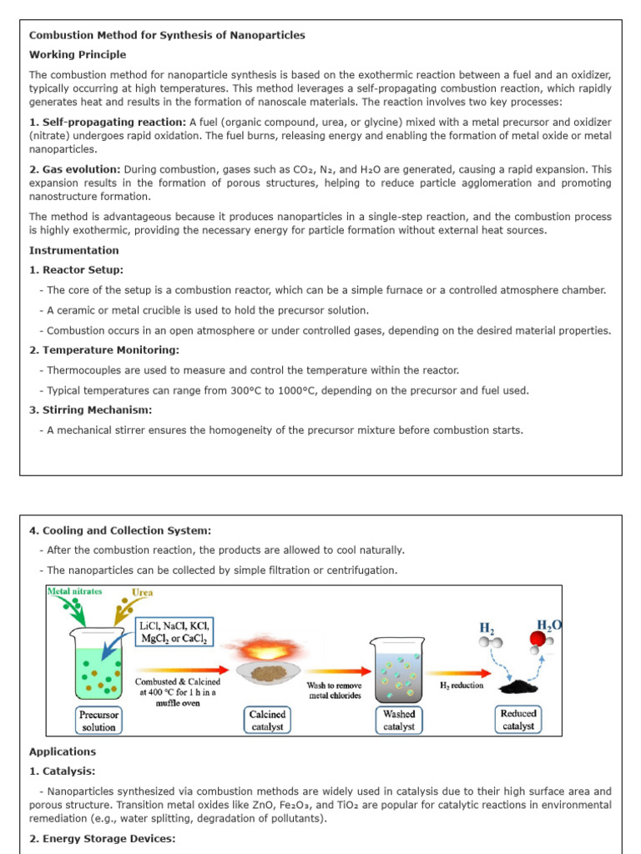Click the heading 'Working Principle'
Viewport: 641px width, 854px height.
78,55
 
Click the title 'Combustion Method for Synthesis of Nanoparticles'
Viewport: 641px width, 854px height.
167,35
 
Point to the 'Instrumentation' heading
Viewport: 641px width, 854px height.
74,250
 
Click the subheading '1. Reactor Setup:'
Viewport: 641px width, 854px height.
76,270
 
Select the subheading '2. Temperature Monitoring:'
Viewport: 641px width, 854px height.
103,350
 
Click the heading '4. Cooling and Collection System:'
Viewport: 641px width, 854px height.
120,530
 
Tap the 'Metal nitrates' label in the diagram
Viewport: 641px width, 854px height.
75,591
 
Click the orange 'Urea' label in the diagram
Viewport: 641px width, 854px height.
143,594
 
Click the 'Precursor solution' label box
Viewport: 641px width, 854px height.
98,721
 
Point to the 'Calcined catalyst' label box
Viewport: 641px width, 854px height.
267,721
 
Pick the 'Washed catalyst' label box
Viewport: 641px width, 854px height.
399,721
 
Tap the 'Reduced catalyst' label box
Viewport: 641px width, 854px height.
518,720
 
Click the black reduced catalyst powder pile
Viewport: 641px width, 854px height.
518,685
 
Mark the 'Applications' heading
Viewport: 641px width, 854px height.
63,752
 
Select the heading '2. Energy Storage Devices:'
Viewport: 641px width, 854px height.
103,839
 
